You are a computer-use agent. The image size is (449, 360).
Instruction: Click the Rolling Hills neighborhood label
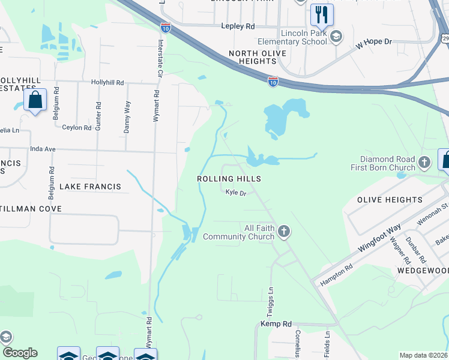pos(229,179)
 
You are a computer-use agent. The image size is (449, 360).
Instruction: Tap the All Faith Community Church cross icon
pos(284,231)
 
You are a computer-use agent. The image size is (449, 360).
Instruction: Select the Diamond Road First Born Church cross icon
pos(424,162)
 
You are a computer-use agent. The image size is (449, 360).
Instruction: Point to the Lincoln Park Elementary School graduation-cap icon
pos(336,37)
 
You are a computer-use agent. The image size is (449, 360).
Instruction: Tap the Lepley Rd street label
pos(238,26)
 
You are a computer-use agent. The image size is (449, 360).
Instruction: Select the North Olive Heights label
pos(258,58)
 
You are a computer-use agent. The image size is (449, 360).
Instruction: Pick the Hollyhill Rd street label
pos(107,82)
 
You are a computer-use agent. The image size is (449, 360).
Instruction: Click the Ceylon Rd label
pos(77,128)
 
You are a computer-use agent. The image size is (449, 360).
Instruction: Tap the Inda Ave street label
pos(43,149)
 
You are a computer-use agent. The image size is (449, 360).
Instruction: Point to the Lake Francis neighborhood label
pos(90,187)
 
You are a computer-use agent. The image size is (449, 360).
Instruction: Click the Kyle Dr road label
pos(237,193)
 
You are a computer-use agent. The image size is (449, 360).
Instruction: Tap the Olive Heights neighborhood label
pos(390,200)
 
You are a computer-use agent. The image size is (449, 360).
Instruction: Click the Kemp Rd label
pos(276,324)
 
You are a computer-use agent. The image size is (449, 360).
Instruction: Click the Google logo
pos(19,353)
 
